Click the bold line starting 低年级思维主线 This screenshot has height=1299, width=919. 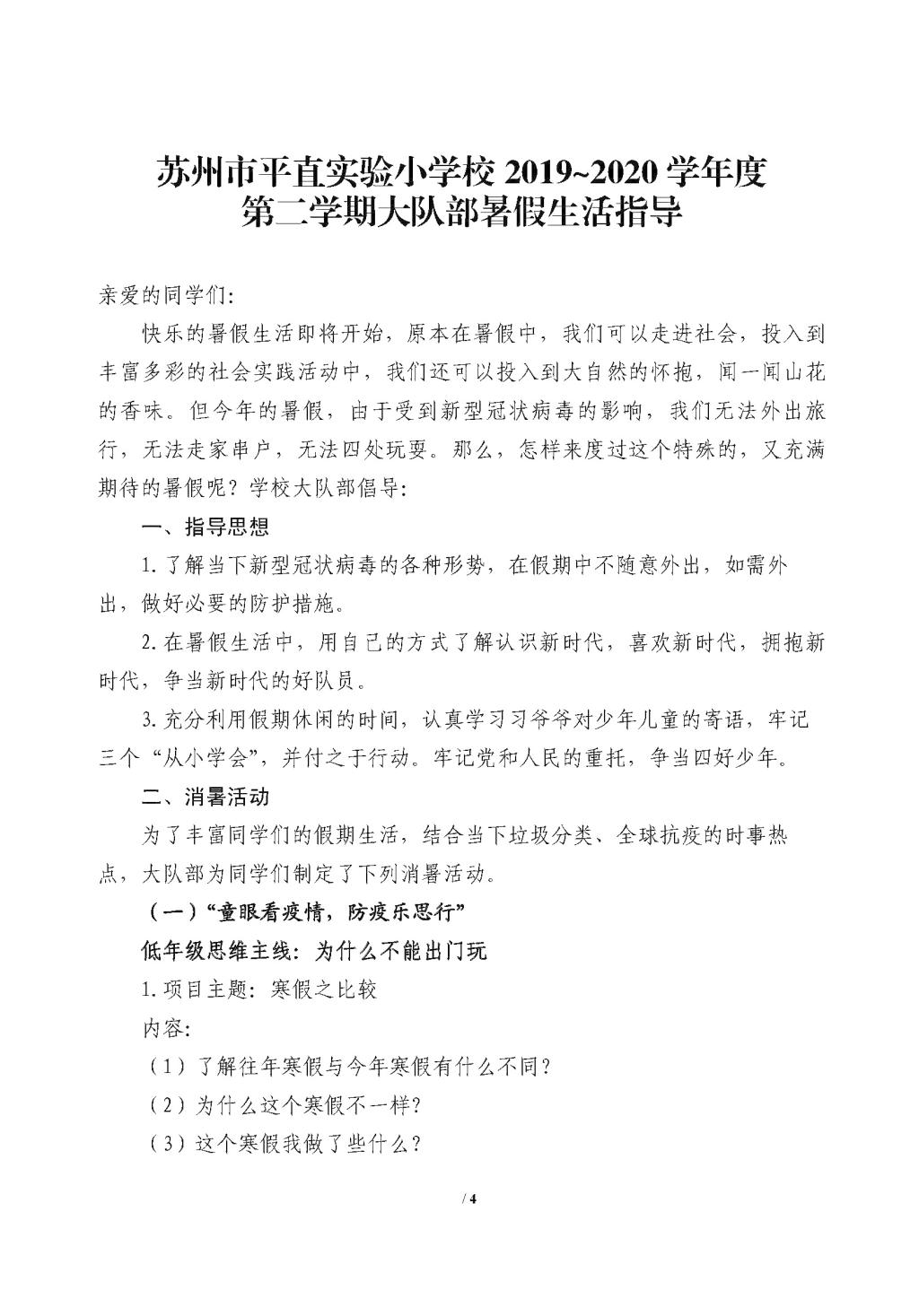click(x=315, y=951)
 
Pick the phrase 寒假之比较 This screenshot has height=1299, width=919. click(x=323, y=990)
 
